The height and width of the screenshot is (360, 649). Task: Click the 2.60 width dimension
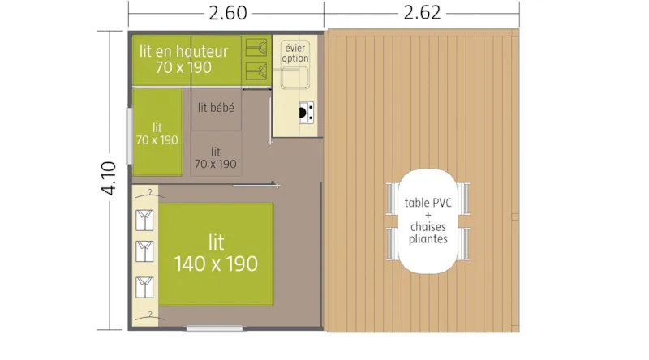(x=227, y=14)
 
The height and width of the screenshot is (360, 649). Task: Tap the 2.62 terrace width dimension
(x=421, y=14)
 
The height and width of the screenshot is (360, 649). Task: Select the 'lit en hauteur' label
(x=183, y=51)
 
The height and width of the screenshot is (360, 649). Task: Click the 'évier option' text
(x=295, y=53)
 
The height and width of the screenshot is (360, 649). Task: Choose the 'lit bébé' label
(x=216, y=106)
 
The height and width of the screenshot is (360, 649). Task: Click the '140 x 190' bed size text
(x=216, y=264)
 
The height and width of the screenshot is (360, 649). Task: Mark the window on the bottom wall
(x=213, y=328)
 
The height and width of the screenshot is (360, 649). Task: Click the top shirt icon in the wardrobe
(x=145, y=220)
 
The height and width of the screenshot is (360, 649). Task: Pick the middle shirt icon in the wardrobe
(x=145, y=251)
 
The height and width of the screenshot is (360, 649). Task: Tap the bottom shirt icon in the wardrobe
(x=145, y=286)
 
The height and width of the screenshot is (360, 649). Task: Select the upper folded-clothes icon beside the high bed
(x=258, y=47)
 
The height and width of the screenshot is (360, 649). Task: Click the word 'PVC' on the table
(x=441, y=203)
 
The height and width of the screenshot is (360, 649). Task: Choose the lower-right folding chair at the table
(x=463, y=241)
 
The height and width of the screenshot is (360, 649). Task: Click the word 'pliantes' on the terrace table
(x=428, y=239)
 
